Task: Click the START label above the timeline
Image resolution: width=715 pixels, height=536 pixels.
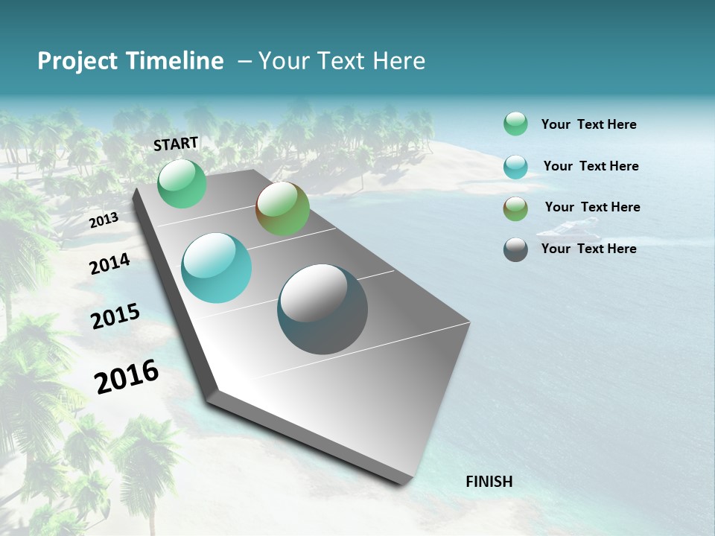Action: [176, 143]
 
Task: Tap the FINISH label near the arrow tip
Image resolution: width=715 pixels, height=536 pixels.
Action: [489, 482]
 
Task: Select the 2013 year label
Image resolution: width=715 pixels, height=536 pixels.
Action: [104, 220]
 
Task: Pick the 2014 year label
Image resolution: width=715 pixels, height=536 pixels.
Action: [109, 264]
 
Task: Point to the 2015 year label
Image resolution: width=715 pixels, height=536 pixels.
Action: [115, 316]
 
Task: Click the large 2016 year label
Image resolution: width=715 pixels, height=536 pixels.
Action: [127, 376]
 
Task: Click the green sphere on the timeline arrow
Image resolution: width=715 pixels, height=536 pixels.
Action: [182, 184]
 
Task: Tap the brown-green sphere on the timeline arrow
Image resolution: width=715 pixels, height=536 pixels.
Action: [282, 208]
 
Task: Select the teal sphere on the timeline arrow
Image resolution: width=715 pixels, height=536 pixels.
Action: [217, 268]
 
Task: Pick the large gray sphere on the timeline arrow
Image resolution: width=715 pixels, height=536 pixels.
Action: [322, 309]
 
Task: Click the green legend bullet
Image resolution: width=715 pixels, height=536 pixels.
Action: [515, 124]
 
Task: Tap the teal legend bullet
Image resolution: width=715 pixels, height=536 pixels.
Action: [515, 167]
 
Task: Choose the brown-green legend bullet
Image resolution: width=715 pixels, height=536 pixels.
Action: [515, 208]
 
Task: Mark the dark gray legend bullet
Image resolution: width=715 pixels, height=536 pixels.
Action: [515, 249]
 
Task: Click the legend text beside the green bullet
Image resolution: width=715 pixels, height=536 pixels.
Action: [588, 125]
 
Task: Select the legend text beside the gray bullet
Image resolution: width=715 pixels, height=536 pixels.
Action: [588, 249]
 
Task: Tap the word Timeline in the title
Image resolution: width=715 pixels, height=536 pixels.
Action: [176, 61]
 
